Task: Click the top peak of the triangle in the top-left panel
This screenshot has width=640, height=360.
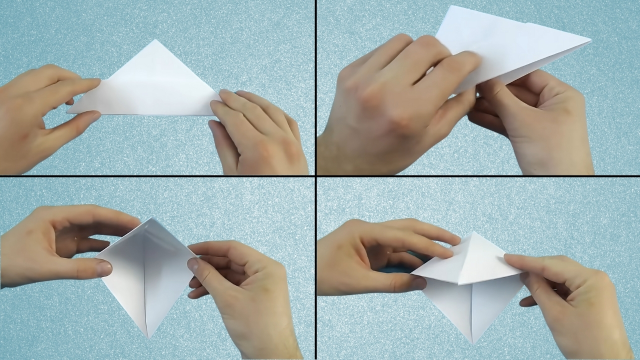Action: point(155,40)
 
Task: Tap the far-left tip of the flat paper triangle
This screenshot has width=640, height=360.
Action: point(68,112)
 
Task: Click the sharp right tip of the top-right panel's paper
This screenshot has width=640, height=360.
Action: point(590,40)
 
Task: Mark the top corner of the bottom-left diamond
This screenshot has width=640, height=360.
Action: point(148,218)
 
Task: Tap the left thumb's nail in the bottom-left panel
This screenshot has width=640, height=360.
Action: point(104,268)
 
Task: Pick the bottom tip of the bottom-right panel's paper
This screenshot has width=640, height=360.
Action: point(471,342)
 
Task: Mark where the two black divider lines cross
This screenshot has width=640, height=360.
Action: point(315,176)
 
